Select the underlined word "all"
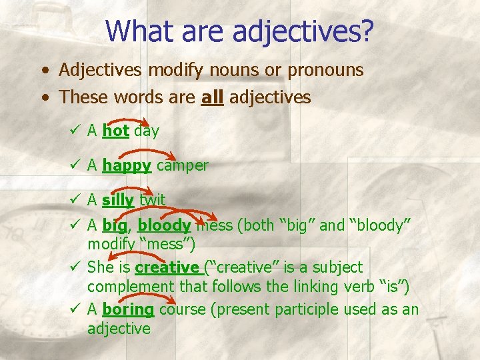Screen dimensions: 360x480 [212, 97]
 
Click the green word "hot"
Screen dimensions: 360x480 [116, 131]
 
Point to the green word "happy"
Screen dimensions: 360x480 [127, 165]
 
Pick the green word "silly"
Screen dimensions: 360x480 [119, 199]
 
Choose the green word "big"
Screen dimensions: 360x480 [115, 225]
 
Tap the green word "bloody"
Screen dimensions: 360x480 [164, 225]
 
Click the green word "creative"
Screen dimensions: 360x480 [167, 267]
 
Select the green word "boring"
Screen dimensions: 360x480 [128, 309]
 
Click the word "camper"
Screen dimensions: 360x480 [182, 165]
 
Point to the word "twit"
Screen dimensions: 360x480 [152, 199]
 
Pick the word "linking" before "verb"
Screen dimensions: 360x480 [319, 287]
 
